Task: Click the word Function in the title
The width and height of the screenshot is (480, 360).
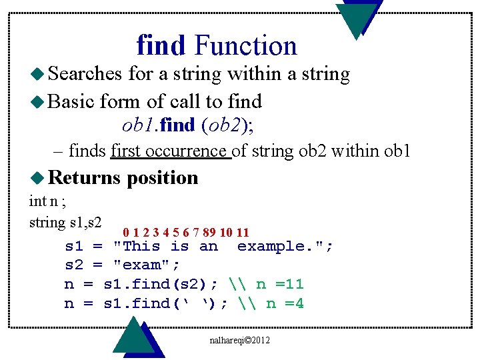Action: (245, 45)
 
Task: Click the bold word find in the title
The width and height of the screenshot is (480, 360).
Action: (161, 45)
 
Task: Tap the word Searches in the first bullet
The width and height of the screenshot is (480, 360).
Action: (85, 74)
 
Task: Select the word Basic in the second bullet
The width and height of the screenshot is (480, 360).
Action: (72, 101)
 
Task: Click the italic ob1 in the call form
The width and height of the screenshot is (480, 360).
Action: (137, 125)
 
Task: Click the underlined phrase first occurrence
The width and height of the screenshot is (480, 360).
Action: (170, 151)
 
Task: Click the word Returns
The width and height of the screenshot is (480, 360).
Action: (85, 177)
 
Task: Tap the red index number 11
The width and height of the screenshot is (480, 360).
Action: (243, 233)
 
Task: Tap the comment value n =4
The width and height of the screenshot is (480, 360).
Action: (285, 303)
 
